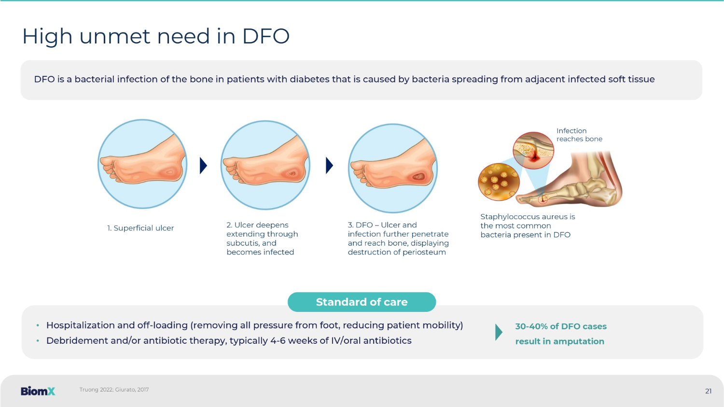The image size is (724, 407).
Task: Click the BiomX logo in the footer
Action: pos(38,391)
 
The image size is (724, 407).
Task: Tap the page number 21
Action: pos(708,391)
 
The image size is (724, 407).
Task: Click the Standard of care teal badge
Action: pos(362,302)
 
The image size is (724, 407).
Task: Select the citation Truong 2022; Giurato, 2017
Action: pos(114,390)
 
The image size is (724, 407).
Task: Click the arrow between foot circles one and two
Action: pos(203,166)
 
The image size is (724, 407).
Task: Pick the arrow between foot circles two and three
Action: pos(329,166)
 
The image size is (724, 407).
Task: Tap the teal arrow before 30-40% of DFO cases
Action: pos(499,332)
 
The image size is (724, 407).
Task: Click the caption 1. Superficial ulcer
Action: pos(140,228)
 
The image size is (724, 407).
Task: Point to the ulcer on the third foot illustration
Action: pos(419,177)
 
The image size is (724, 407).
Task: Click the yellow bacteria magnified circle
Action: pos(499,182)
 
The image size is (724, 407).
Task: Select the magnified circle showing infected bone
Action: pos(533,150)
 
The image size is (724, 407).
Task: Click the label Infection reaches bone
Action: pos(579,135)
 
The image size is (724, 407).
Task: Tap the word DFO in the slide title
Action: pos(265,36)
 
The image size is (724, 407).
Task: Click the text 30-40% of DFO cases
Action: pos(561,326)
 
